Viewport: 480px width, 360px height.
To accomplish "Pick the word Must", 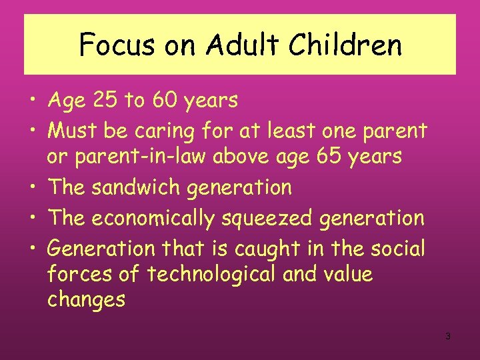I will (73, 130).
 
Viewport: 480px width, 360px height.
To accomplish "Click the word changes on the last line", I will (86, 300).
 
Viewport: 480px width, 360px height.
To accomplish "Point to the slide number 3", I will (448, 336).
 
